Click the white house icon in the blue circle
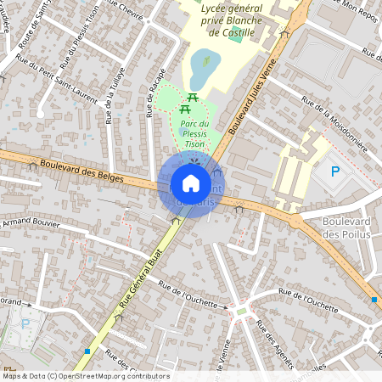point(191,183)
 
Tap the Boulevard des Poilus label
point(347,228)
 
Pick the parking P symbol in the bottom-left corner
point(25,323)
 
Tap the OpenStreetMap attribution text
point(85,376)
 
